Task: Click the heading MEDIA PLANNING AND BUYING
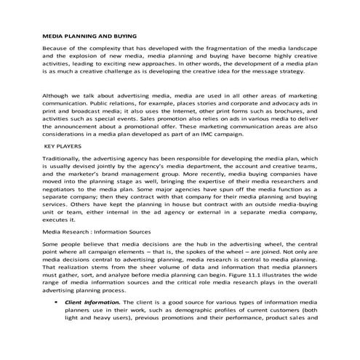90,35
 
